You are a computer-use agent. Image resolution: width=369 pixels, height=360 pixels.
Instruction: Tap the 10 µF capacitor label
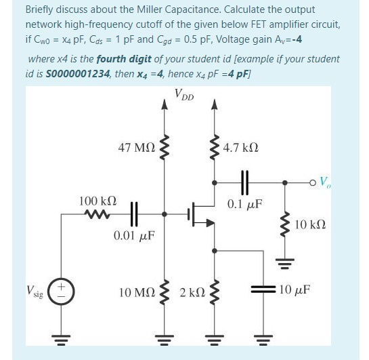[295, 289]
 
